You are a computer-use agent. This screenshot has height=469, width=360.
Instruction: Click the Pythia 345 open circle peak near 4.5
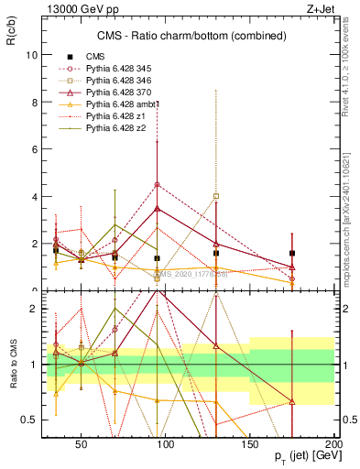click(x=158, y=184)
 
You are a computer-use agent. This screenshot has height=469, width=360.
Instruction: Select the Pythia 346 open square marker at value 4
click(x=216, y=196)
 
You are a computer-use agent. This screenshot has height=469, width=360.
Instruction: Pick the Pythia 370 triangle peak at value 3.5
click(x=158, y=208)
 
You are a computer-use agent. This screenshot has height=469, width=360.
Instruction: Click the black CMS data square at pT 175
click(x=292, y=253)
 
